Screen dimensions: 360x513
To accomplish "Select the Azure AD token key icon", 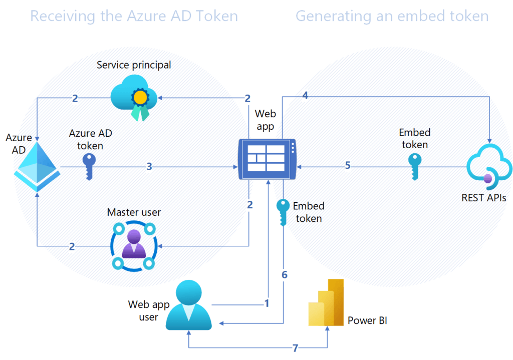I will point(89,166).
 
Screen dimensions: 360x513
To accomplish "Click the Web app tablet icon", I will point(268,159).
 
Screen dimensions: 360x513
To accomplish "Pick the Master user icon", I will point(134,245).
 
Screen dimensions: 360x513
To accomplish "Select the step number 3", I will point(149,166).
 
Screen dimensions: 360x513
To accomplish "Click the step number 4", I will point(306,95).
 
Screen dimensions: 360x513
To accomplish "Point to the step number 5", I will point(348,165).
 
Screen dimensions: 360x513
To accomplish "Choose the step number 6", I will point(285,275).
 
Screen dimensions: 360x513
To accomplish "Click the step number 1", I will point(267,303).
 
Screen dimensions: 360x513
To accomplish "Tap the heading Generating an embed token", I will point(392,16).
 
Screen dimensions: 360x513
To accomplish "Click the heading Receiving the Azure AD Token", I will point(134,16).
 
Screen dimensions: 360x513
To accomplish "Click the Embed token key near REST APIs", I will point(414,166).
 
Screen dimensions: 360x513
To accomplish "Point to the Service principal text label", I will point(134,65).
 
